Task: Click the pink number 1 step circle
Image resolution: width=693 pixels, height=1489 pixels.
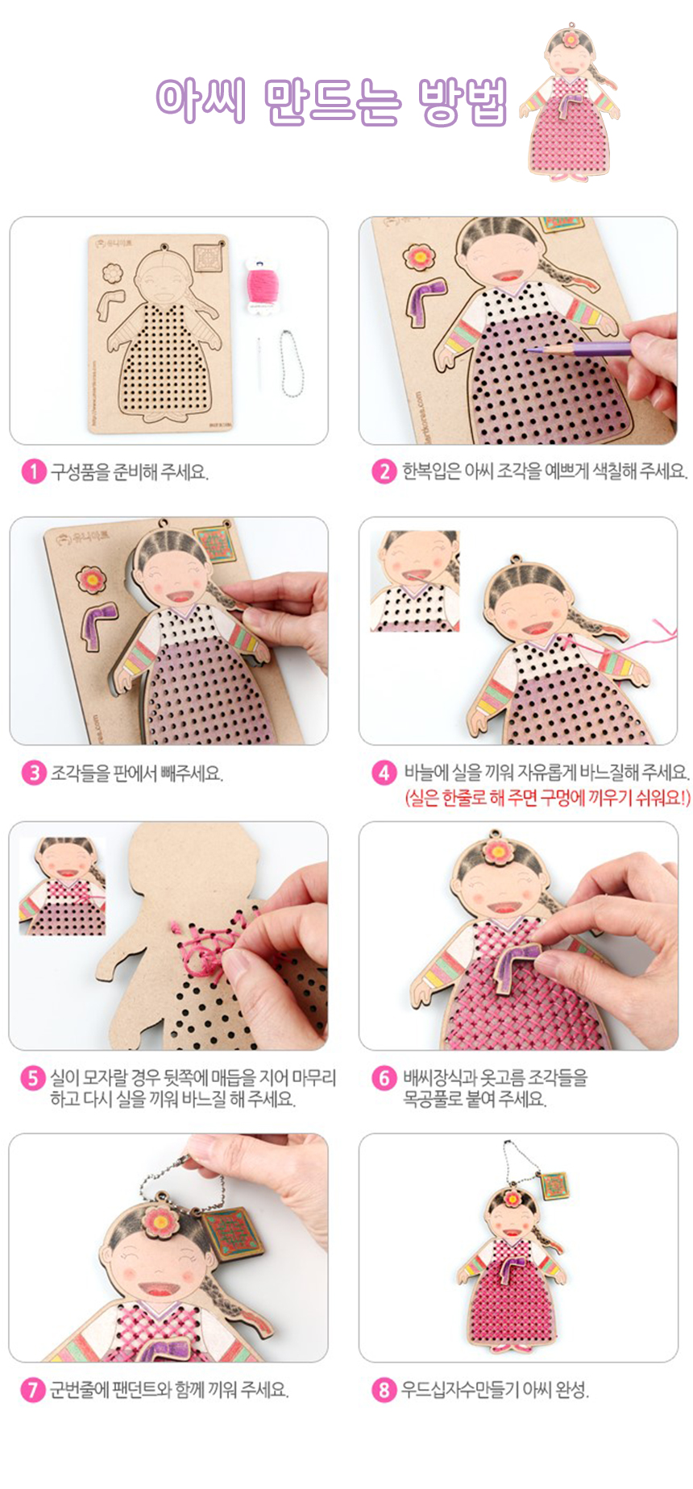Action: click(33, 471)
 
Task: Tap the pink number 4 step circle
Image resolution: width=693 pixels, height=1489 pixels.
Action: click(384, 773)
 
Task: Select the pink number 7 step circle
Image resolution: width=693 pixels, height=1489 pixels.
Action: click(33, 1390)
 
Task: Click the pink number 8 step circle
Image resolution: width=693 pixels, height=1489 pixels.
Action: click(384, 1390)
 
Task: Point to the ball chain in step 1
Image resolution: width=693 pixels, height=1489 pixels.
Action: click(289, 363)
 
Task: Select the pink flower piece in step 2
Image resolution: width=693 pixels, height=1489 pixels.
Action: click(419, 257)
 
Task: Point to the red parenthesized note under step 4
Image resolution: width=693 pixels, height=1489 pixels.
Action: click(547, 798)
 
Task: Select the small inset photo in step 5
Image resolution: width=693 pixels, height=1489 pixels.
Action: click(63, 886)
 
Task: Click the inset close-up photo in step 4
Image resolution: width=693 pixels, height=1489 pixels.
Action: click(415, 580)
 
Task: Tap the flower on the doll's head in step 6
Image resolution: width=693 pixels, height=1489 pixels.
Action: click(496, 851)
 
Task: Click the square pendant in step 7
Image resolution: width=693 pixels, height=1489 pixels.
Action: click(233, 1234)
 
